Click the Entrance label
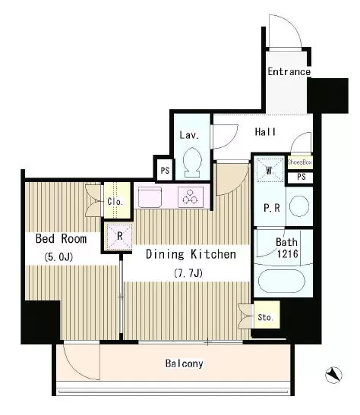(x=289, y=71)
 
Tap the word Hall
(x=265, y=132)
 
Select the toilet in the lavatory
(x=193, y=162)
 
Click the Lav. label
(x=189, y=135)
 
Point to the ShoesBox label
(x=299, y=162)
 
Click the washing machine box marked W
(x=270, y=170)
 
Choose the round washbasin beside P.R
(x=299, y=206)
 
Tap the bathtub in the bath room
(x=281, y=281)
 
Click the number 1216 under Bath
(x=287, y=254)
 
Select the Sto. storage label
(x=265, y=317)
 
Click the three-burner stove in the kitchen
(x=191, y=197)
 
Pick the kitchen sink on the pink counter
(x=150, y=197)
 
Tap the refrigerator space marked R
(x=119, y=237)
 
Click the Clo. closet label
(x=115, y=202)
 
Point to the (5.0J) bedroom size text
(x=58, y=256)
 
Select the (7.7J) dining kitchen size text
(x=188, y=272)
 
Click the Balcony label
(x=184, y=363)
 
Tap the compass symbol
(x=333, y=375)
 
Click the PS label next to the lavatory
(x=165, y=171)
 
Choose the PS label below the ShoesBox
(x=302, y=177)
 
